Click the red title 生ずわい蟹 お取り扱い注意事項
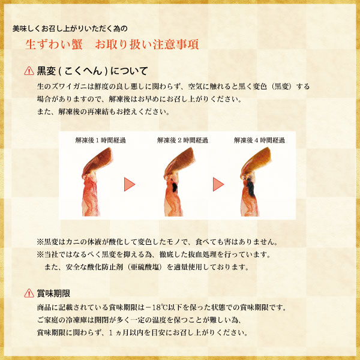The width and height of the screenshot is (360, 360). point(112,44)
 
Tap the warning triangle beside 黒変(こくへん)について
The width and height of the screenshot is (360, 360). point(29,71)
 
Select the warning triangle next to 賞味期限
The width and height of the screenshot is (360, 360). point(29,293)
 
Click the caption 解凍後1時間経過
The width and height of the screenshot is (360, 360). point(101,140)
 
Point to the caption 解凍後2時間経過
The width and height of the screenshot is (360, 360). point(182,140)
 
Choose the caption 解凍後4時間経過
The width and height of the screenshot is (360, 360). point(259,140)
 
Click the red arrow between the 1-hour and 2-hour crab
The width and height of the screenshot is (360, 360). point(130,184)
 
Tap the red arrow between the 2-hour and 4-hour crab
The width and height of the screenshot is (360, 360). point(218,184)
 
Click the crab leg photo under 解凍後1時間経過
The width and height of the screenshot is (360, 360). point(96,182)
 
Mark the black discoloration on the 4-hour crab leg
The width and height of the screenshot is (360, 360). point(250,187)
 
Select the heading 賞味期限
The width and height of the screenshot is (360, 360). point(53,293)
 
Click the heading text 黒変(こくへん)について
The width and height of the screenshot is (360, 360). point(92,71)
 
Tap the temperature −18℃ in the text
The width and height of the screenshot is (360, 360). point(157,307)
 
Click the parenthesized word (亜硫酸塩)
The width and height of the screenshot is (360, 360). point(145,267)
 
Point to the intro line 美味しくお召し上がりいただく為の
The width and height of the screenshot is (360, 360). point(70,29)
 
